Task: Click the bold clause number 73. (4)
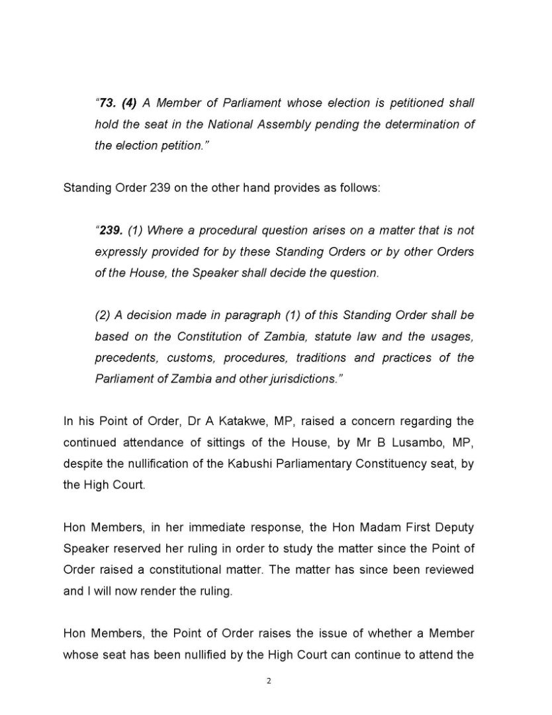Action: [x=118, y=103]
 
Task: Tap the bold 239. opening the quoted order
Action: [x=110, y=230]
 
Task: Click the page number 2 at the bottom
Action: [x=269, y=681]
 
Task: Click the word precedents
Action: [x=124, y=358]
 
